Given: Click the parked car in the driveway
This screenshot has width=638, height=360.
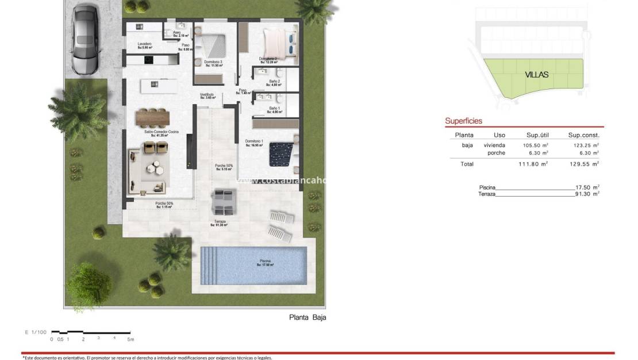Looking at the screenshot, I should pos(86,39).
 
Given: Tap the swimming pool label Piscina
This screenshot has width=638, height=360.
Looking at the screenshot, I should pos(265,262).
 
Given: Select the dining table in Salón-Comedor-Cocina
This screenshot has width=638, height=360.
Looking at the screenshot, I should pos(153,117).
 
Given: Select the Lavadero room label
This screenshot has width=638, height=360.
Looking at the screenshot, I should pos(144,45).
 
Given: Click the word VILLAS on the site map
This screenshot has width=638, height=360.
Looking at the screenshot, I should pos(537,74).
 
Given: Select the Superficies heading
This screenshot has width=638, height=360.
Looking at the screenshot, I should pos(463,121).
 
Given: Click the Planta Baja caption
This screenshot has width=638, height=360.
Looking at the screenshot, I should pos(307,317).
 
